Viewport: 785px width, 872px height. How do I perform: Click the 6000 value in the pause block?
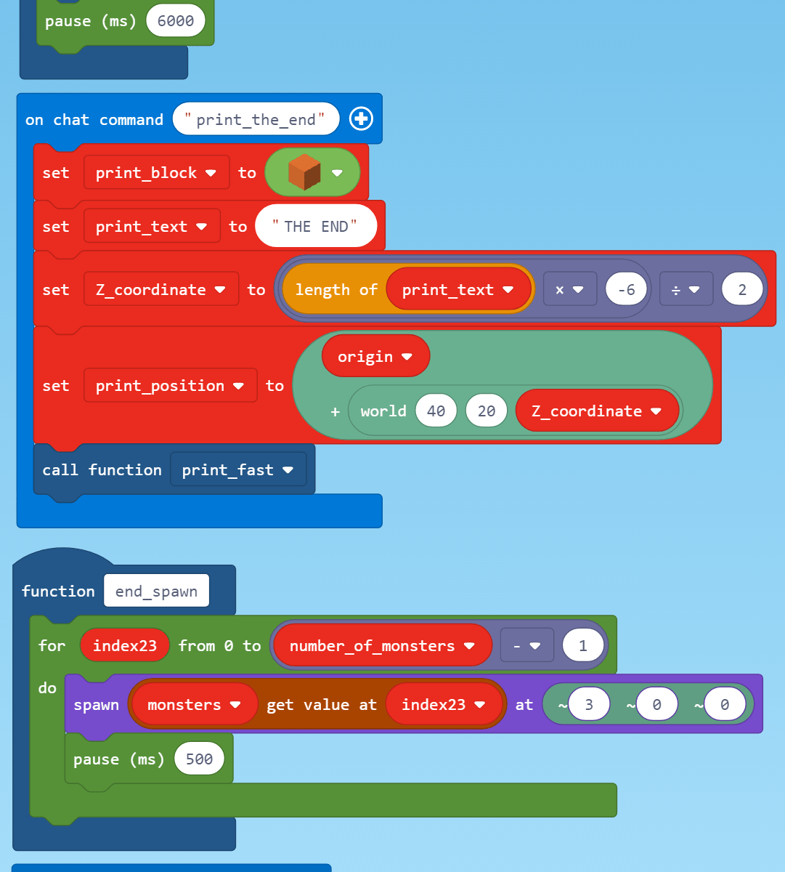176,21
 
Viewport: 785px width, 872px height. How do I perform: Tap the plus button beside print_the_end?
361,119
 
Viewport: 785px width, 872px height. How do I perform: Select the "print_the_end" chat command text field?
256,119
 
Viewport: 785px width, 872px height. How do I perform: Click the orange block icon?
304,173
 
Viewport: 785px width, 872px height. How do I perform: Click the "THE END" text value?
316,227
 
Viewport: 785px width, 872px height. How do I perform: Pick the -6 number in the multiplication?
626,290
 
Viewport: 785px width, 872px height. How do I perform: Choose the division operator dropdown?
686,290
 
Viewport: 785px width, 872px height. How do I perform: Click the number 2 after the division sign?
742,290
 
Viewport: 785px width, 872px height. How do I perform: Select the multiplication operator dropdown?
569,290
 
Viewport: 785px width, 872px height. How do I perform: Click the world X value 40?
436,411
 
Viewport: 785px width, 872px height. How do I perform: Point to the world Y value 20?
487,411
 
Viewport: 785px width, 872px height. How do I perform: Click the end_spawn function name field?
156,591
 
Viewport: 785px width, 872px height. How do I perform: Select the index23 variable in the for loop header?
125,646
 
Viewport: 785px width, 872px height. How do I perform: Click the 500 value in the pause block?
199,759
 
